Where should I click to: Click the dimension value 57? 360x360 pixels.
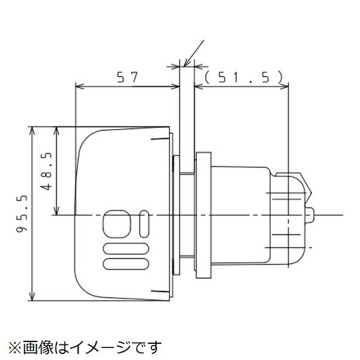127,77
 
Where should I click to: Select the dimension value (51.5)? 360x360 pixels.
242,77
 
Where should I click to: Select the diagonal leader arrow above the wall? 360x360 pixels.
195,51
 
